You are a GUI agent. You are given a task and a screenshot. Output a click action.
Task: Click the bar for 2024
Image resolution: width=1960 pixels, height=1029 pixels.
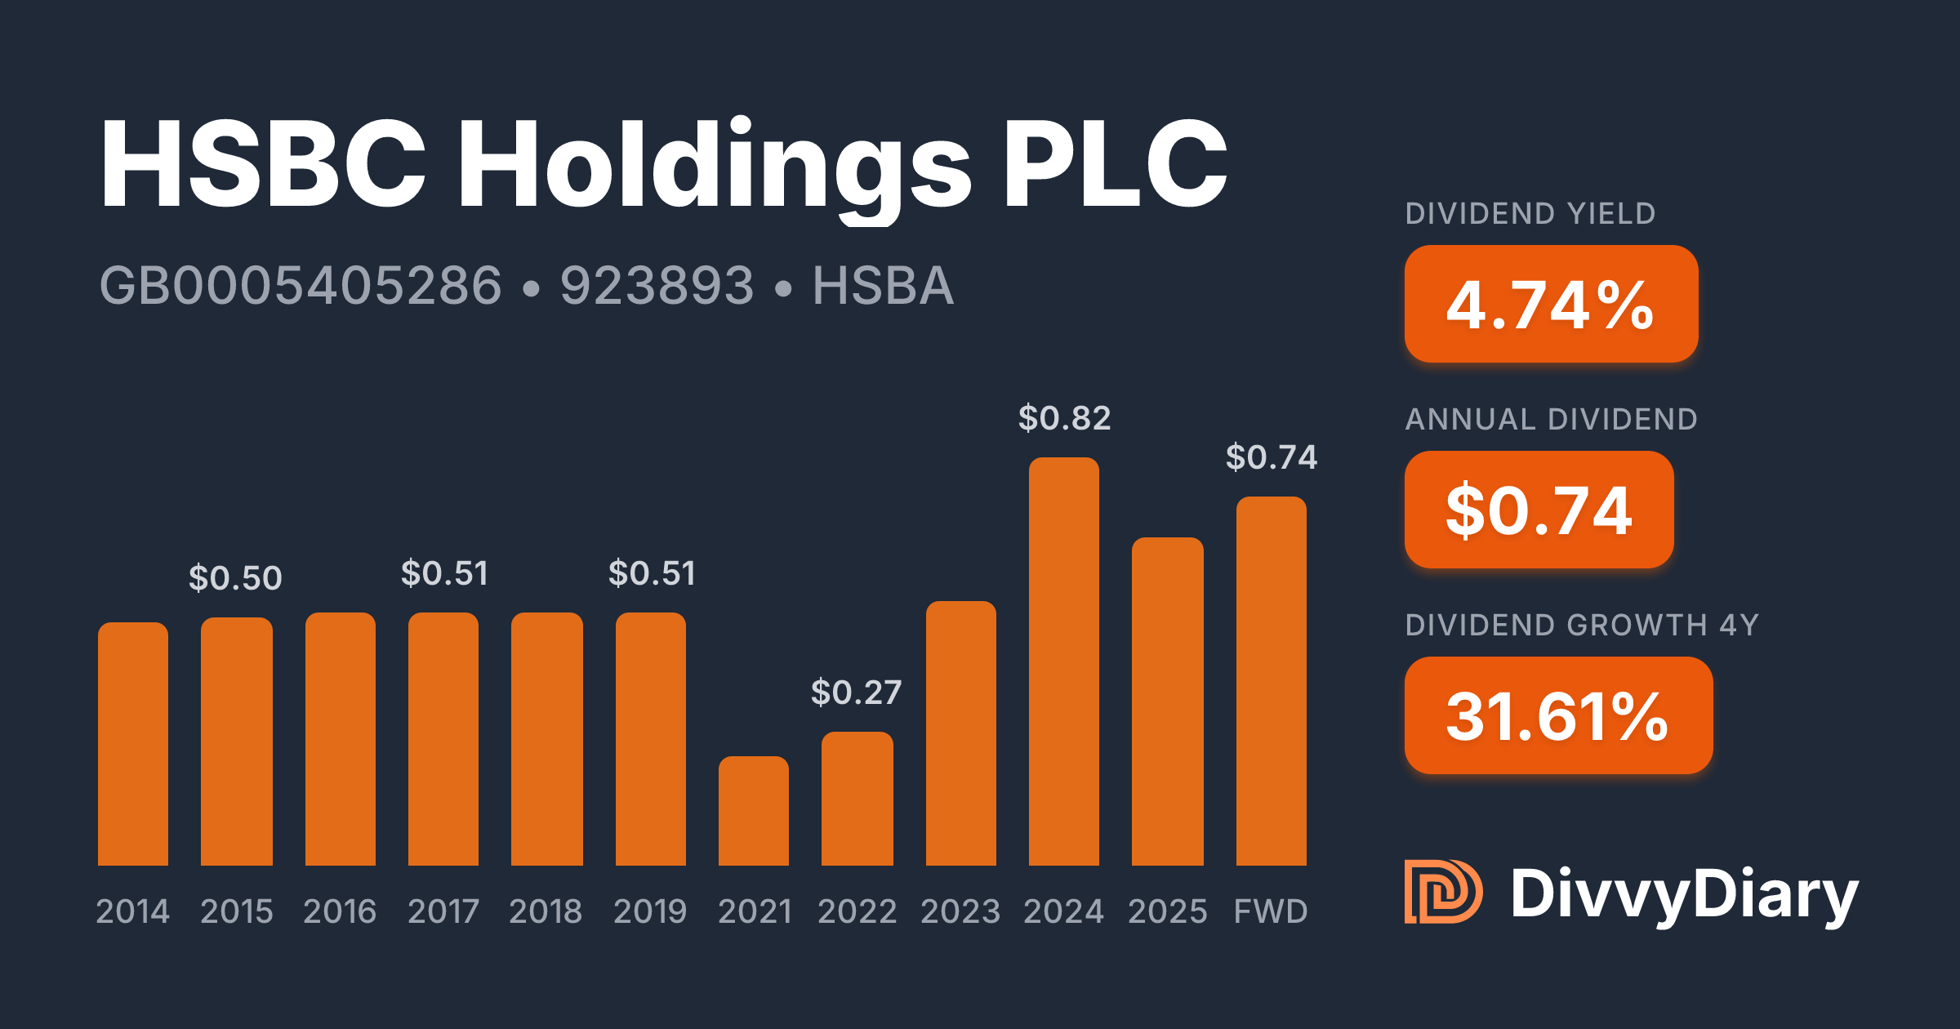1063,661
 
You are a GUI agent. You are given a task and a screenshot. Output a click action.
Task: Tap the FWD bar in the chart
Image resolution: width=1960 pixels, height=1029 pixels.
1271,681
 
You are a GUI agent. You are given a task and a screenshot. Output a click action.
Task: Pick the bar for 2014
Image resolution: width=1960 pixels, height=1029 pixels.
133,744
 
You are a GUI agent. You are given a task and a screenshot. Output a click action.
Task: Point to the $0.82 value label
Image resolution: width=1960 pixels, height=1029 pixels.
1064,418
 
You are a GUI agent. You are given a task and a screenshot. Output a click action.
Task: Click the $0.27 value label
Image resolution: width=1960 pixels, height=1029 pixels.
856,693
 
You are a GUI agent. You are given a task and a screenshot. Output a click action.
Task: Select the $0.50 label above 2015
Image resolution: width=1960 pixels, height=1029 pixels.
235,578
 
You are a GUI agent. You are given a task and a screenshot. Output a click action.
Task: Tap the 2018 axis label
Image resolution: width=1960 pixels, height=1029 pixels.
546,911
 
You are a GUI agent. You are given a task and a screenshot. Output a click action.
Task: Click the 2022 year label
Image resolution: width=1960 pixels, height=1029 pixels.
857,911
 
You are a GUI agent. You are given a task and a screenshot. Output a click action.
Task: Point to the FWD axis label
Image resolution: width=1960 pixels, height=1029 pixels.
1271,911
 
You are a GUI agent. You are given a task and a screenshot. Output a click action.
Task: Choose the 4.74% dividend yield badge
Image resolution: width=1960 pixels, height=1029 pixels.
1551,304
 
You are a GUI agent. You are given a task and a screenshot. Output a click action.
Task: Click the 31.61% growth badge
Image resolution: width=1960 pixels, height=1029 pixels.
1558,715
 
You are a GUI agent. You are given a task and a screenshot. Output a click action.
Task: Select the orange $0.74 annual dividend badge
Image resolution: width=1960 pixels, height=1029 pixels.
1539,510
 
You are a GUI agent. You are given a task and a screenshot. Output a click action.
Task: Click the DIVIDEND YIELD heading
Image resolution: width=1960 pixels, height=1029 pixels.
1530,214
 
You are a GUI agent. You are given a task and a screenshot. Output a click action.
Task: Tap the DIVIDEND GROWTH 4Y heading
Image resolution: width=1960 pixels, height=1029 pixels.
1582,626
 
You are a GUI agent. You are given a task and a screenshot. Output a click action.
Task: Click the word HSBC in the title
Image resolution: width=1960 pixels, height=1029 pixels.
263,163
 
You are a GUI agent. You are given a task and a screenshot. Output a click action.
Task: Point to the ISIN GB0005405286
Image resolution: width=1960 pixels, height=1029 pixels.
301,286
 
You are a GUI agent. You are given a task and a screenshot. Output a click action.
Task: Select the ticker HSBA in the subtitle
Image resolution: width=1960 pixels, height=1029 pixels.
883,286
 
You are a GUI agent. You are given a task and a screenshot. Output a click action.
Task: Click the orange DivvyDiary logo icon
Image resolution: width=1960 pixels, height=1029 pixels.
1442,892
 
